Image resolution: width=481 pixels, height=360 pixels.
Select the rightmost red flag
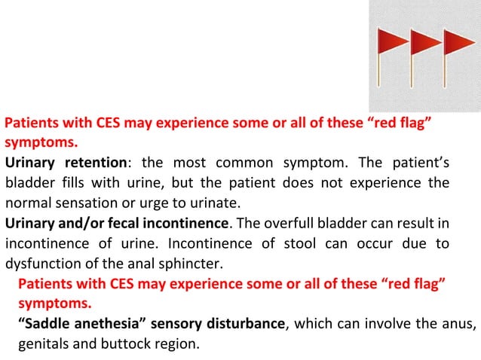click(x=459, y=42)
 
